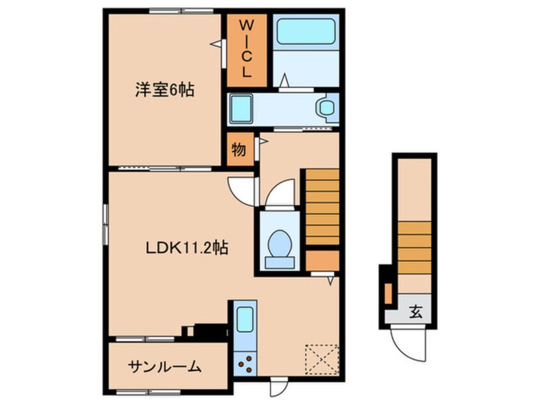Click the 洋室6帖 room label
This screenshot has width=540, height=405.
tap(164, 89)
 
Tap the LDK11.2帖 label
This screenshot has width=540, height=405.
tap(186, 247)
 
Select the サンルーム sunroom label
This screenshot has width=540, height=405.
tap(164, 367)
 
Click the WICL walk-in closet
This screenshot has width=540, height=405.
tap(246, 50)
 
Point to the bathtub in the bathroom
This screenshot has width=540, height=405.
tap(306, 32)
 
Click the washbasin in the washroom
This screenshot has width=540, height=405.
tap(326, 107)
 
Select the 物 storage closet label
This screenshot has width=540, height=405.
tap(239, 150)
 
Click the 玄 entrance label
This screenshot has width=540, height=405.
tap(416, 312)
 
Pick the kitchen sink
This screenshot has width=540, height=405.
tap(245, 319)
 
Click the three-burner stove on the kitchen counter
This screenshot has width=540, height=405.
tap(245, 363)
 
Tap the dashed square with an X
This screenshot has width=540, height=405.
tap(322, 359)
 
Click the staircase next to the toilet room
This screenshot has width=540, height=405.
tap(322, 207)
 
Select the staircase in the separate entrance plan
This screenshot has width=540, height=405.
tap(414, 248)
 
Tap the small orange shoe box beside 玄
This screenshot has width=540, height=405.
tap(388, 294)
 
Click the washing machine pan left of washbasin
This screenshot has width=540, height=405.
tap(241, 109)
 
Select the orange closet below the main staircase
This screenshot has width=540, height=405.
tap(322, 261)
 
